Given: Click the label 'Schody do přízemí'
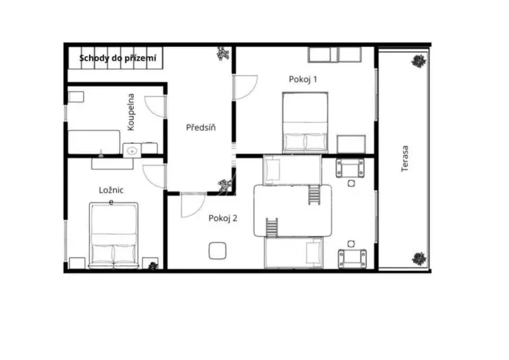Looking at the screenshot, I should click(x=118, y=57).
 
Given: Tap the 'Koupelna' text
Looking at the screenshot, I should click(x=132, y=112).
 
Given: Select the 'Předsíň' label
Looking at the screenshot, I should click(x=201, y=128).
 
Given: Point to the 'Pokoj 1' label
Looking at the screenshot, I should click(x=303, y=78).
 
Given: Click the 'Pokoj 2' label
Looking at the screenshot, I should click(x=223, y=218).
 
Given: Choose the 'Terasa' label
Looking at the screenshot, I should click(x=404, y=158).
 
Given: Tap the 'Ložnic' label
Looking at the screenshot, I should click(x=111, y=189).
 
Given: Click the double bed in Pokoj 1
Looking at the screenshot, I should click(x=304, y=122).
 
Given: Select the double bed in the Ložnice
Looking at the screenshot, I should click(x=114, y=235).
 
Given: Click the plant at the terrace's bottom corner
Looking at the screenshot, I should click(x=418, y=258).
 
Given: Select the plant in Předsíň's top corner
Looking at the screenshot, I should click(x=223, y=54).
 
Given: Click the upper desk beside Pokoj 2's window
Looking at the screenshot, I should click(x=350, y=168).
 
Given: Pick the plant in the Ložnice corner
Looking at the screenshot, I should click(x=152, y=265).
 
